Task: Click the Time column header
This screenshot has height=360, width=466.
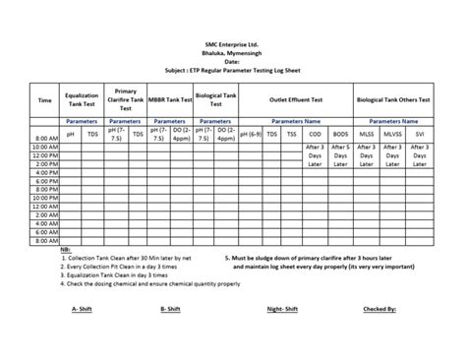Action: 44,99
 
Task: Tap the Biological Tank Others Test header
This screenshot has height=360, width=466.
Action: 397,99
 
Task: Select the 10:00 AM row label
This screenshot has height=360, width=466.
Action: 44,147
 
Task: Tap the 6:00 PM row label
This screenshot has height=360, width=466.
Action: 44,179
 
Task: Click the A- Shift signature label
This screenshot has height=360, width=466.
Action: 82,308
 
